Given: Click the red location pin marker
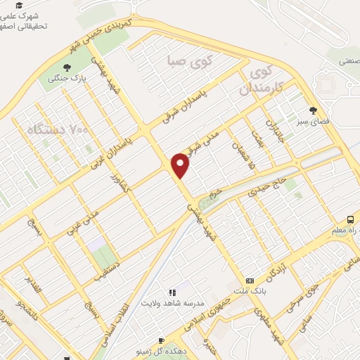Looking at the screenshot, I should [x=181, y=164].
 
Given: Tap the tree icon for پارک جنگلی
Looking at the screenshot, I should [x=67, y=68].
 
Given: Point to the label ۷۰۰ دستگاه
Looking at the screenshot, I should [x=59, y=129].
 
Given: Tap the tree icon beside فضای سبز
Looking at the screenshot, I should [x=314, y=110].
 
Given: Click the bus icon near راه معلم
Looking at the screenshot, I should [x=349, y=220].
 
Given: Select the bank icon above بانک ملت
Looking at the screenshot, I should [x=250, y=280].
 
